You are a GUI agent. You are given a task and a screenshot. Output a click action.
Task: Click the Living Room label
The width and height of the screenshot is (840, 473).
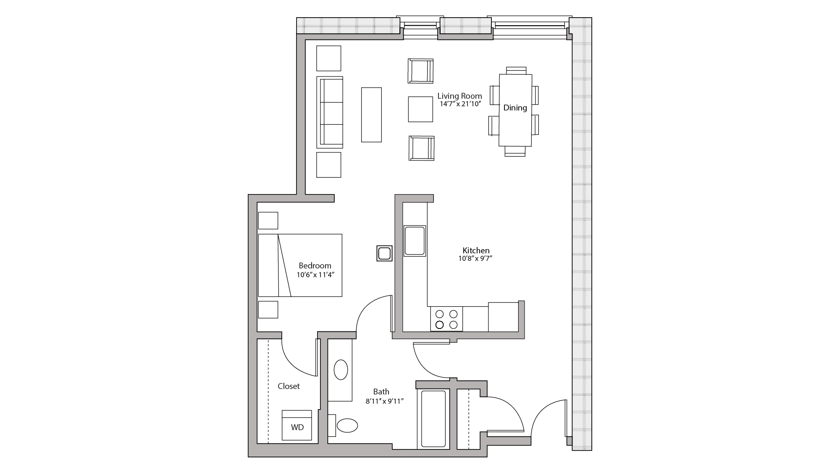(x=459, y=96)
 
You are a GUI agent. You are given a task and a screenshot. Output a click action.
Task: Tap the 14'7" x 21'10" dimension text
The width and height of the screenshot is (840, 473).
(x=459, y=104)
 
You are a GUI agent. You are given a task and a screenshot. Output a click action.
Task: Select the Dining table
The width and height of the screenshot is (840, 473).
(x=515, y=110)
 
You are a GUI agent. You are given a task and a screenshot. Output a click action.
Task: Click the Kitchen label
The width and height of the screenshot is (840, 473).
(x=476, y=250)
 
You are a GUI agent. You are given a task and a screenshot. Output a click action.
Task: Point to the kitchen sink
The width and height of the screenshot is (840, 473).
(x=415, y=241)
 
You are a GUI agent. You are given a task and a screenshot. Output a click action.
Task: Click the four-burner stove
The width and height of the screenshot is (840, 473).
(x=446, y=319)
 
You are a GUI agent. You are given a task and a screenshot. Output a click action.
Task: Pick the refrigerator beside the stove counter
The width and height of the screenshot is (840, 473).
(x=503, y=317)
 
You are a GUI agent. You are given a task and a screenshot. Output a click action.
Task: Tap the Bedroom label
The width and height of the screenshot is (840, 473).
(x=315, y=265)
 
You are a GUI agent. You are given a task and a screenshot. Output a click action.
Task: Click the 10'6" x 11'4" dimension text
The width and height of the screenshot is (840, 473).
(x=315, y=275)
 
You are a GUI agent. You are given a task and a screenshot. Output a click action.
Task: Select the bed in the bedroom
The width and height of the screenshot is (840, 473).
(x=300, y=265)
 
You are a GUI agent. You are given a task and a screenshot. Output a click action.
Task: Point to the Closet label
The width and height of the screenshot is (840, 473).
(x=289, y=386)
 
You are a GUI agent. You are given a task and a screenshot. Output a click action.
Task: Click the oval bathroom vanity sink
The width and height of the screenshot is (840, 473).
(x=341, y=371)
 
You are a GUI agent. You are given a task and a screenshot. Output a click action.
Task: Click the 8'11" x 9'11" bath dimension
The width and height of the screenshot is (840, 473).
(x=384, y=401)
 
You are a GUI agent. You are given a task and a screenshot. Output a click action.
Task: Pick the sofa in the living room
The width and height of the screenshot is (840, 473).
(x=330, y=112)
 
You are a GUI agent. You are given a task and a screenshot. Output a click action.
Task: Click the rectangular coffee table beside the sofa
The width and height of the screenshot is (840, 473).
(x=371, y=115)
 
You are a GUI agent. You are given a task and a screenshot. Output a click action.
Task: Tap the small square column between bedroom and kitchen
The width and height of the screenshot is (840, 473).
(x=384, y=253)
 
